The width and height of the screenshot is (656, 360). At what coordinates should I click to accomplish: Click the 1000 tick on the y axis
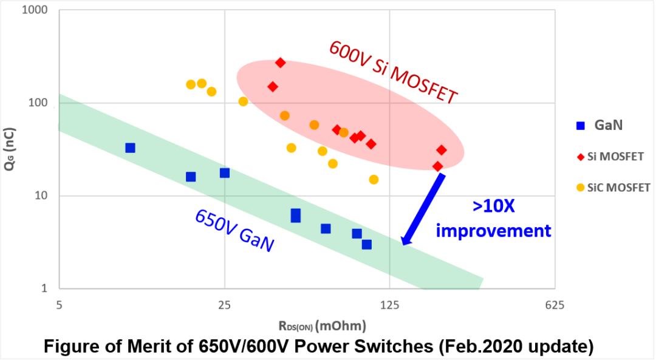pos(38,10)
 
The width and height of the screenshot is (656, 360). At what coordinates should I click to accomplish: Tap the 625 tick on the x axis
pos(555,305)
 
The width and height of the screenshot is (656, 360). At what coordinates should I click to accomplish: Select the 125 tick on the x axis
pos(389,305)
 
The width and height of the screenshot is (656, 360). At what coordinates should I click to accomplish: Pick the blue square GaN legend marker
pos(581,126)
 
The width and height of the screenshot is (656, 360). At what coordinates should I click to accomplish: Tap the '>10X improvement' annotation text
pos(494,219)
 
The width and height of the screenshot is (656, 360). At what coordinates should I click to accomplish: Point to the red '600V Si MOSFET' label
pos(393,72)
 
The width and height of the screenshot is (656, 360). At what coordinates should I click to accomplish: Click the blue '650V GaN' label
pos(234,231)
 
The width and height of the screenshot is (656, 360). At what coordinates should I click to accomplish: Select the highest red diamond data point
pos(280,63)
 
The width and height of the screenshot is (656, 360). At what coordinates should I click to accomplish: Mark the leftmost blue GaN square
pos(130,148)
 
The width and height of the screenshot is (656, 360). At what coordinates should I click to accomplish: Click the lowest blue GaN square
pos(367,244)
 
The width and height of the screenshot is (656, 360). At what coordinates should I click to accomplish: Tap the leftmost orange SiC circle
pos(191,84)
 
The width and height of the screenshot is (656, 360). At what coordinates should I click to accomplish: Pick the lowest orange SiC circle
pos(374,179)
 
